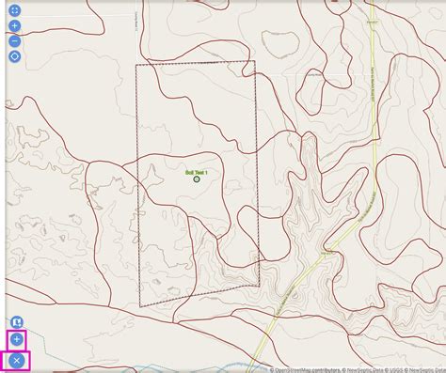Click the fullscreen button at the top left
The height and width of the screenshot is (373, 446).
coord(14,10)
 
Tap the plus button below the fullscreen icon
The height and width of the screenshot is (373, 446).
coord(14,25)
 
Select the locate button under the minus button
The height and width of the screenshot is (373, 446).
coord(14,56)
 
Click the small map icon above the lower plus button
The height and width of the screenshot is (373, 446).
coord(16,322)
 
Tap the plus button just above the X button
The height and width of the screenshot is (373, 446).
coord(17,338)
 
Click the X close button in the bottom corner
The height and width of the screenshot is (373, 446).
coord(17,360)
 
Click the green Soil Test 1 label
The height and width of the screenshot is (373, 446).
coord(197,171)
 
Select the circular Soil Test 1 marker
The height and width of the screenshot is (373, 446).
coord(197,179)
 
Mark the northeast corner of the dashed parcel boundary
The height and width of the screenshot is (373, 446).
coord(254,62)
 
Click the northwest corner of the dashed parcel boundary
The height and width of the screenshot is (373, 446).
coord(136,65)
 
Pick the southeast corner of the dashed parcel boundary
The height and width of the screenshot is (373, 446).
coord(259,285)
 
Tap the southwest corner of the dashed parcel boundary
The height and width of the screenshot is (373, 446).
coord(139,307)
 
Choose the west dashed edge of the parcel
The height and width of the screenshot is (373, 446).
coord(137,188)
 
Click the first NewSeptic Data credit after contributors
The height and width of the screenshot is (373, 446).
coord(358,369)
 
